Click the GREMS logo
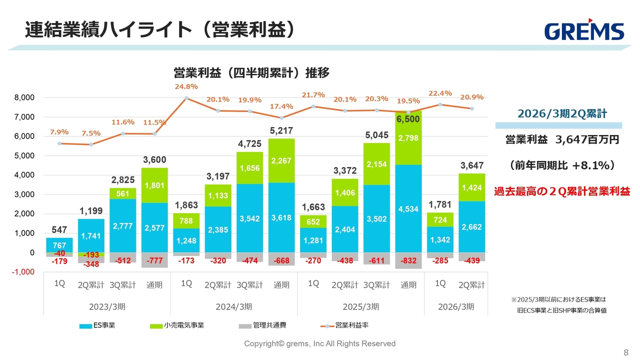coord(584,31)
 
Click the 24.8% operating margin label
coord(186,86)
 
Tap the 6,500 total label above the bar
coord(408,119)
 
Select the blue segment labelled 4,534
coord(408,208)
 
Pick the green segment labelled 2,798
coord(408,138)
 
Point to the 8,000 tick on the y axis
coord(24,97)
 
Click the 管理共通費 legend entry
coord(262,325)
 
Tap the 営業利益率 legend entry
coord(344,325)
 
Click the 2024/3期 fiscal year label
coord(234,306)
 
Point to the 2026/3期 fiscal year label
coord(456,306)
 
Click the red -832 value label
coord(408,260)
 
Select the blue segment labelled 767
coord(59,245)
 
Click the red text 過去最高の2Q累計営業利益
coord(562,191)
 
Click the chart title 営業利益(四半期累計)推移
coord(251,73)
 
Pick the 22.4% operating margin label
coord(440,93)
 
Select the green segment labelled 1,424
coord(471,187)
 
